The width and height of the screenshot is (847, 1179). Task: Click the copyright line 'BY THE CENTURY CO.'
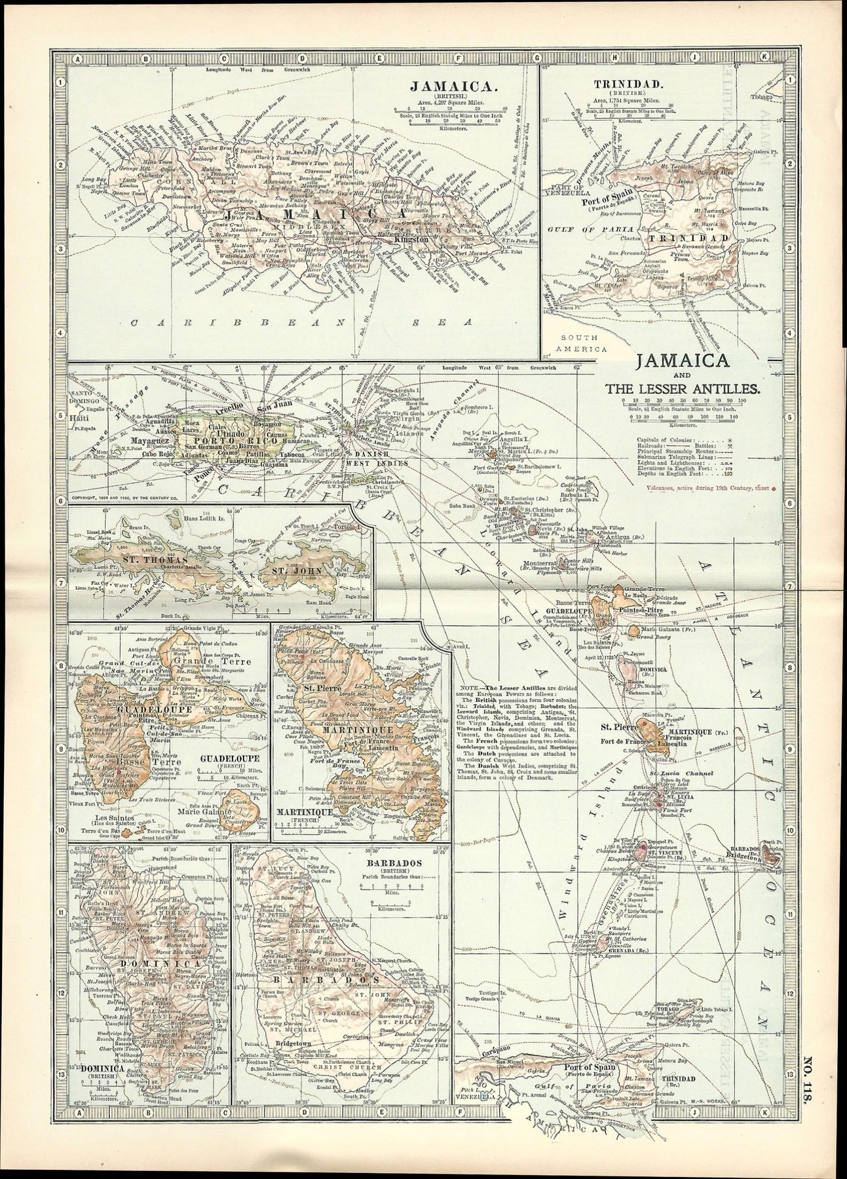131,498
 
